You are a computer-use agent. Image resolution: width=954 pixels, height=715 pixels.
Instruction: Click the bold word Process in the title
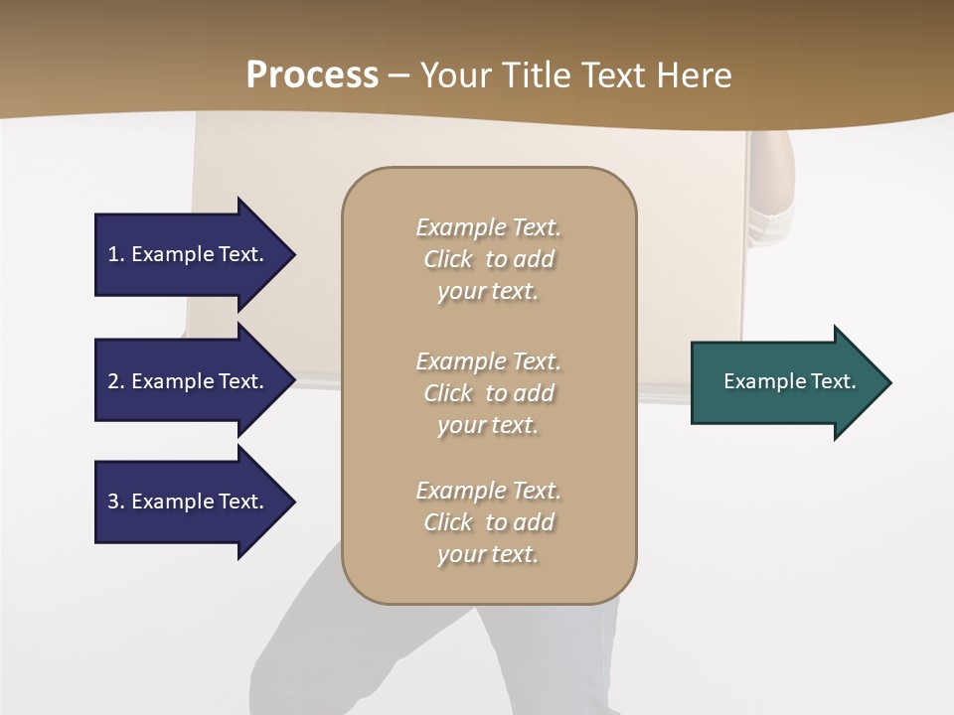click(312, 75)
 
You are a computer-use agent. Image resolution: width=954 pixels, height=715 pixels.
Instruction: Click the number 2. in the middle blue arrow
click(116, 381)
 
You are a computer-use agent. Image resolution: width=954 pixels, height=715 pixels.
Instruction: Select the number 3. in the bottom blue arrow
click(116, 501)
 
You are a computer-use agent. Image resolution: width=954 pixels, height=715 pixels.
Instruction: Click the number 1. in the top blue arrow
click(116, 254)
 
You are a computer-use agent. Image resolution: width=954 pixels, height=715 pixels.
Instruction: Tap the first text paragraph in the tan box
click(488, 259)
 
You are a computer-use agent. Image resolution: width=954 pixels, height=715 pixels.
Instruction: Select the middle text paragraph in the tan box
click(488, 393)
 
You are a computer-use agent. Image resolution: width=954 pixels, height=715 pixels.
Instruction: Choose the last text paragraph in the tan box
click(488, 522)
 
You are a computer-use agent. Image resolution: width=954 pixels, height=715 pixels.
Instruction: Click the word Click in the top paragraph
click(448, 259)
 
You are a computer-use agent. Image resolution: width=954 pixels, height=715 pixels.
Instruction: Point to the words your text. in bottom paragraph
click(488, 554)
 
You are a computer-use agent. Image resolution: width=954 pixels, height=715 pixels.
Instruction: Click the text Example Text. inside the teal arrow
click(790, 381)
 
